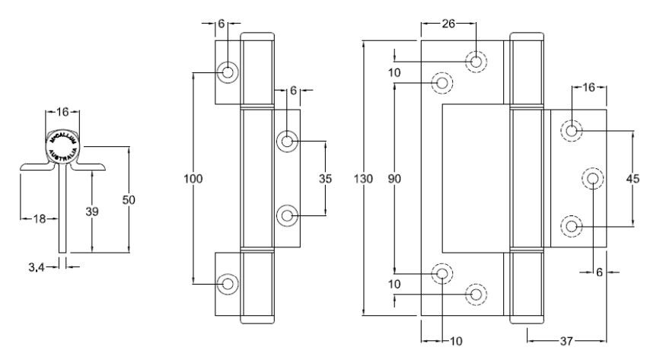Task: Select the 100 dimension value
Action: (x=193, y=180)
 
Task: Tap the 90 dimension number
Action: (x=394, y=179)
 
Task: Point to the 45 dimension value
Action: (x=632, y=179)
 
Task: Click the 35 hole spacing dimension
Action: (x=325, y=179)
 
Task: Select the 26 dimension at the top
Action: (x=448, y=24)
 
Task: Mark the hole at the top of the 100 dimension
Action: (x=228, y=72)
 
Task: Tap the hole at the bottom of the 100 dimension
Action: (x=228, y=283)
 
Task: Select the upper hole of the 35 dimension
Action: (x=287, y=141)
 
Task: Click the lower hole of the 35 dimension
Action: (x=287, y=216)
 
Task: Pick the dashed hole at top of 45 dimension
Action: (x=572, y=130)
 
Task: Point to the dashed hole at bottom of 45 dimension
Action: (x=572, y=226)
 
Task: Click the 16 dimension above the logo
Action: (x=62, y=112)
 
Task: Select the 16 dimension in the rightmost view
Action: (x=588, y=88)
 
